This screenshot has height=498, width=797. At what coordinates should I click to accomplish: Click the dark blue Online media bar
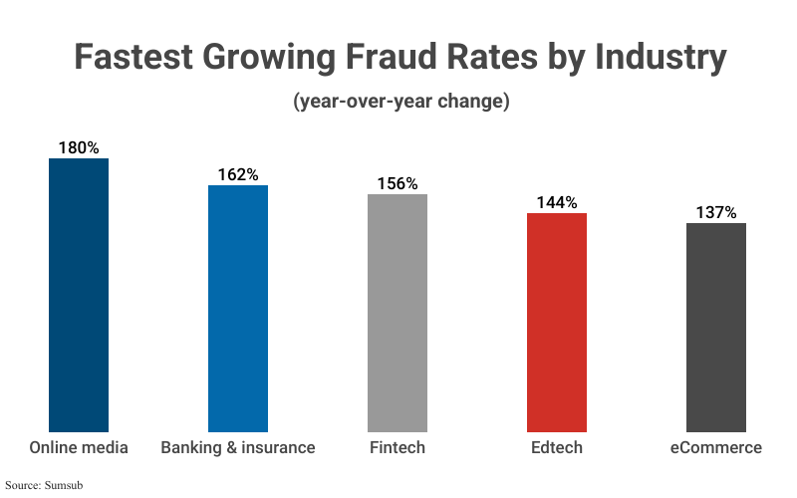pos(79,295)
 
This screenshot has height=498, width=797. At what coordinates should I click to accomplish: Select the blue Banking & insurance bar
pos(238,308)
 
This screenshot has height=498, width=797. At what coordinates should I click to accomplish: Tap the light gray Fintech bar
pos(398,313)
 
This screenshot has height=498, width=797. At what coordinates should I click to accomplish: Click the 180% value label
pos(79,147)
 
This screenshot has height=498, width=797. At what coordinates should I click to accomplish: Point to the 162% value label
pos(238,174)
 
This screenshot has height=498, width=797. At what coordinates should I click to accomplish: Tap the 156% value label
pos(398,183)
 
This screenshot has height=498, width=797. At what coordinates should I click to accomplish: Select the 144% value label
pos(557,202)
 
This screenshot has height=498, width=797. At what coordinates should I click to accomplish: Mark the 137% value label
pos(716,212)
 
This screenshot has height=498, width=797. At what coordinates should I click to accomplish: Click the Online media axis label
pos(79,447)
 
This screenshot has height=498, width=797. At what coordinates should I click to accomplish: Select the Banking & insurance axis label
pos(238,447)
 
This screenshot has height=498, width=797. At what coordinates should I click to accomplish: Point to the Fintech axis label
pos(398,447)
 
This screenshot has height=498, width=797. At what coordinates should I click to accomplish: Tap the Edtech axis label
pos(557,447)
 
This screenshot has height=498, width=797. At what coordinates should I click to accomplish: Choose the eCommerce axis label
pos(716,447)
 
